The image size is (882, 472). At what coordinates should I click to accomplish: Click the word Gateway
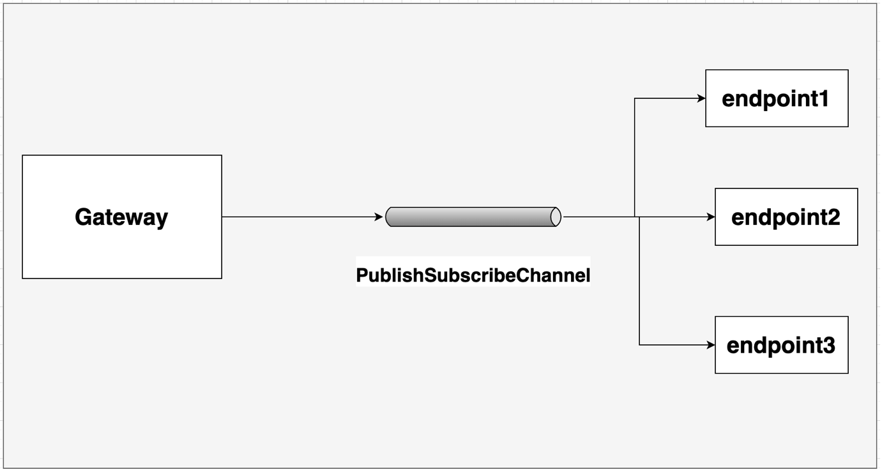(x=121, y=217)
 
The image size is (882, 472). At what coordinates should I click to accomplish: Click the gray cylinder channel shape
(x=473, y=217)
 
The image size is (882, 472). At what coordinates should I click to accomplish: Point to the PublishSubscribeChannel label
(x=473, y=275)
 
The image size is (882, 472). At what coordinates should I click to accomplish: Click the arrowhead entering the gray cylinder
(x=379, y=217)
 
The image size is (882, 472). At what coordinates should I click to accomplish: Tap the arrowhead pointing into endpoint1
(x=702, y=98)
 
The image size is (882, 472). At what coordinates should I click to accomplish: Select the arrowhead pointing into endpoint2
(x=711, y=217)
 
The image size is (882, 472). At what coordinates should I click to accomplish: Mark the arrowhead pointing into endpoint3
(x=711, y=345)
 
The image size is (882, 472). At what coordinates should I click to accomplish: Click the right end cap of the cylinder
(x=556, y=217)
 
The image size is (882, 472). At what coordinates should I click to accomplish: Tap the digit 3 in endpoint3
(x=827, y=346)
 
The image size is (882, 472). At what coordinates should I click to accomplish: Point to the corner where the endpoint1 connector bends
(x=634, y=98)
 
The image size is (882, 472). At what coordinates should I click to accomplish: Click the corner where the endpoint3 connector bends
(x=639, y=345)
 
